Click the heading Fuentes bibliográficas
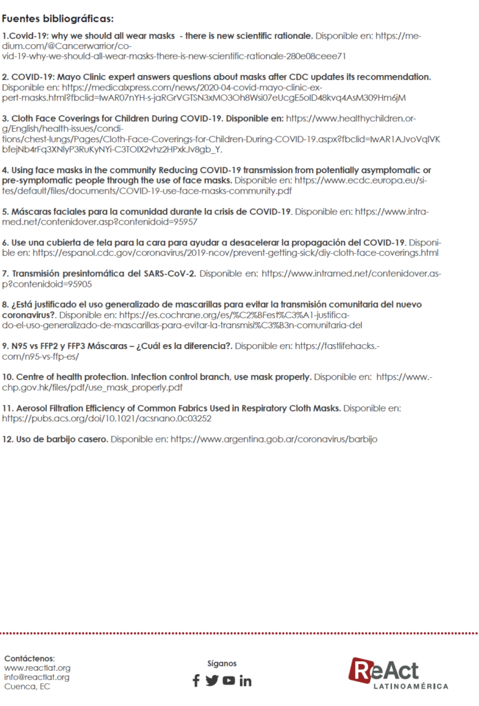coord(58,18)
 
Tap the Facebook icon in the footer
coord(196,680)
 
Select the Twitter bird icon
coord(212,680)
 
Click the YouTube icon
coord(228,680)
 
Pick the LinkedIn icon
coord(245,680)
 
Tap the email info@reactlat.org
coord(37,677)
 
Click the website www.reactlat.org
coord(37,668)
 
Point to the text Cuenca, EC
coord(27,687)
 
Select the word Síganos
coord(221,663)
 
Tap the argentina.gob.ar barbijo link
coord(274,438)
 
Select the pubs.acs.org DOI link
coord(107,418)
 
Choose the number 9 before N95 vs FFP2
coord(5,345)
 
